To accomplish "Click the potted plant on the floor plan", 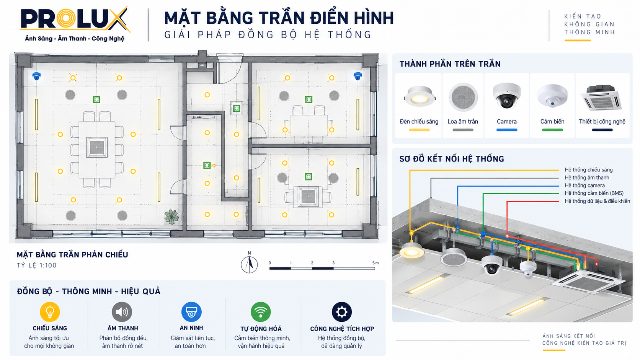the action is click(x=171, y=217).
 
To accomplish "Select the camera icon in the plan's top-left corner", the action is click(x=36, y=76).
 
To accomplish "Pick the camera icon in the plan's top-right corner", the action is click(x=358, y=76).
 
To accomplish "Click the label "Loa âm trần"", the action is click(x=462, y=122).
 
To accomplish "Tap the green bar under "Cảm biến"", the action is click(x=552, y=130).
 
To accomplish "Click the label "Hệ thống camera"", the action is click(x=584, y=185).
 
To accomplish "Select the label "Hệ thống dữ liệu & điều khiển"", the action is click(x=597, y=201).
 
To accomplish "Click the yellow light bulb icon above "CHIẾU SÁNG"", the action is click(x=50, y=312).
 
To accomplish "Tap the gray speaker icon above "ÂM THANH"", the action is click(x=122, y=312).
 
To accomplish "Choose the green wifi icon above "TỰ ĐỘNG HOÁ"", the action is click(x=261, y=312).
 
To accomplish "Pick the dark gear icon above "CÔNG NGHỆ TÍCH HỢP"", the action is click(x=342, y=312).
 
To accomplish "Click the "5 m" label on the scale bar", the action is click(x=376, y=263).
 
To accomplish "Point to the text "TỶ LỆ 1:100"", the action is click(x=37, y=265).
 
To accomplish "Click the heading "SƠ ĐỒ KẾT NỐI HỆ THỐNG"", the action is click(x=452, y=159).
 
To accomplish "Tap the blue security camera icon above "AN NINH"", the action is click(x=191, y=312).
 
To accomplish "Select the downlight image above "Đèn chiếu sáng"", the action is click(x=420, y=96).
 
